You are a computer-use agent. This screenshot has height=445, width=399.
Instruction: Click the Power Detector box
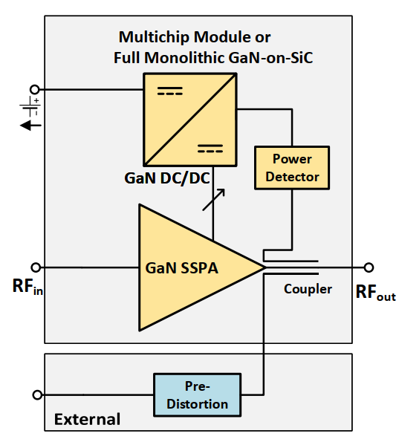click(x=292, y=168)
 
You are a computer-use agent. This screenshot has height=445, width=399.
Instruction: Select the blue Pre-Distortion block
click(x=197, y=394)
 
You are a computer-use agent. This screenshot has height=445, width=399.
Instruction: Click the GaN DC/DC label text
click(x=167, y=178)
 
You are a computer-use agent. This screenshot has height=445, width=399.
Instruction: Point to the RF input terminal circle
click(x=36, y=267)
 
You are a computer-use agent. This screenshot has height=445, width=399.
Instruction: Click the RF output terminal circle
click(x=369, y=267)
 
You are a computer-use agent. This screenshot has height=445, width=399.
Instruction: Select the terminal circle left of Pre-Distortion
click(x=37, y=394)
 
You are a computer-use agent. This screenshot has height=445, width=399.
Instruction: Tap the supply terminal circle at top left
click(x=35, y=89)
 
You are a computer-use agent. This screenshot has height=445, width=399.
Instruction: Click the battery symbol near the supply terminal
click(x=30, y=106)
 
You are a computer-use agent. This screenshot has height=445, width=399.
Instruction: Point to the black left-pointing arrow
click(x=30, y=125)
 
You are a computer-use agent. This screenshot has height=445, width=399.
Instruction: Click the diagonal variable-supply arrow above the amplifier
click(x=214, y=200)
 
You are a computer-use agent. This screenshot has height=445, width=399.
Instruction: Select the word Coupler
click(x=308, y=289)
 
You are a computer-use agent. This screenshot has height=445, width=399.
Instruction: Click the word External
click(x=87, y=419)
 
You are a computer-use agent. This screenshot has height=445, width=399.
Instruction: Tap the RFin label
click(x=27, y=286)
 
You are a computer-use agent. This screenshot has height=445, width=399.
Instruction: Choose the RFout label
click(x=375, y=292)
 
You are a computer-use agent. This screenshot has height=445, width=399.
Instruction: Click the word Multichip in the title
click(x=154, y=37)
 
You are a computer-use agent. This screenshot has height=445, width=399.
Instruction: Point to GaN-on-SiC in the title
click(x=270, y=58)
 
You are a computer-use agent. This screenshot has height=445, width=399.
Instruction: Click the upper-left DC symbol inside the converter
click(x=170, y=91)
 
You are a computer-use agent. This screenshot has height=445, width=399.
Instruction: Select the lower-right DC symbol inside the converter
click(x=210, y=149)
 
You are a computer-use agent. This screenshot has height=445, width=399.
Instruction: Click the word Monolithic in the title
click(x=184, y=58)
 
